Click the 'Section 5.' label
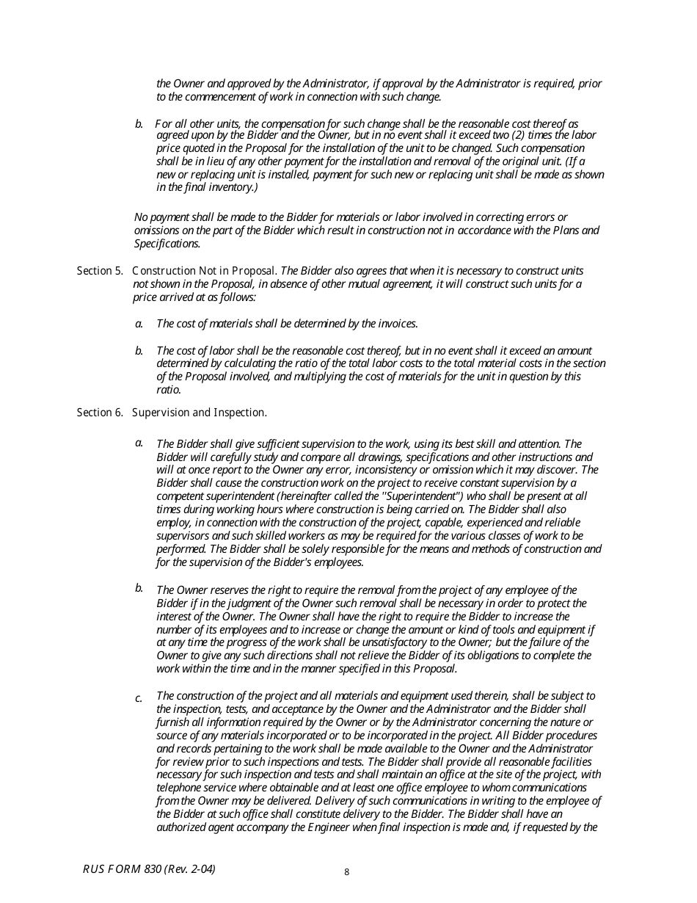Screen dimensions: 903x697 click(100, 271)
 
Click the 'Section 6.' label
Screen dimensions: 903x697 click(100, 413)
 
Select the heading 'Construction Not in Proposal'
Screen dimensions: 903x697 click(204, 271)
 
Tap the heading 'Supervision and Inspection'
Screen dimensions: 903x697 click(199, 413)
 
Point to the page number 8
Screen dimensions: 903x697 click(347, 872)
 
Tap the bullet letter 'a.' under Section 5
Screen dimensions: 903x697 click(139, 324)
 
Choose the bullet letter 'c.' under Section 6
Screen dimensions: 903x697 click(139, 698)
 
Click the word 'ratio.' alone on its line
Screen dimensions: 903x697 click(169, 390)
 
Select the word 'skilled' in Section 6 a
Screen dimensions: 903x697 click(256, 536)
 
